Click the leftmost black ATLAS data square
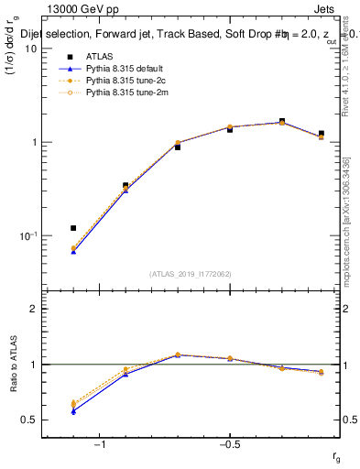[x=73, y=228]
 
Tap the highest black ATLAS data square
[x=282, y=121]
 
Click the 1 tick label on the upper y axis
[x=33, y=142]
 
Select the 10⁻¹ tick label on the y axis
[x=28, y=235]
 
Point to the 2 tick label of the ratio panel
[x=33, y=309]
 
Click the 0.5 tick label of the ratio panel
[x=29, y=420]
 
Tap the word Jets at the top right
[x=325, y=10]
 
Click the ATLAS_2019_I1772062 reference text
[x=191, y=274]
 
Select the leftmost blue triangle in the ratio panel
[x=73, y=410]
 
